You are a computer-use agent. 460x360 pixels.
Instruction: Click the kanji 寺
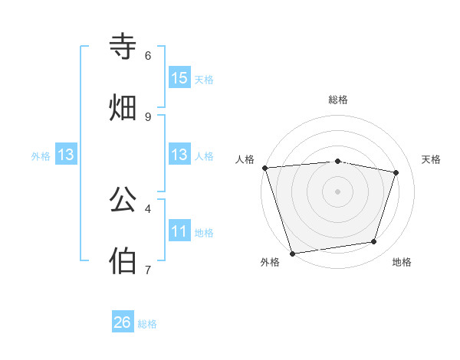pos(123,47)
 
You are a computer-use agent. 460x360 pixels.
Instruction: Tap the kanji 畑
pos(123,108)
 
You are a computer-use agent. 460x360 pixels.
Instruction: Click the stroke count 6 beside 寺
pos(148,55)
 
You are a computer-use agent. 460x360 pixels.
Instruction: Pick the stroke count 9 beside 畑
pos(148,116)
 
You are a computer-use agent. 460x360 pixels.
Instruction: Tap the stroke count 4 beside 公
pos(148,208)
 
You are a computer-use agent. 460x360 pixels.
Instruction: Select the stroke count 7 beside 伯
pos(148,270)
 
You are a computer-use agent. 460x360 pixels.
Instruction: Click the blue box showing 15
pos(179,77)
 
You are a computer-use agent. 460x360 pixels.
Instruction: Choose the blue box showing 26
pos(123,322)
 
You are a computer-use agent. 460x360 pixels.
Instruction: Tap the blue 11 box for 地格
pos(179,231)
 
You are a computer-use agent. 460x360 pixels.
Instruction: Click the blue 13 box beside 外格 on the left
pos(66,155)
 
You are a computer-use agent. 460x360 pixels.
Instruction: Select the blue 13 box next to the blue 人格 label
pos(179,155)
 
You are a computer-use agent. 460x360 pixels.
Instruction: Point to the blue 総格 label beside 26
pos(147,324)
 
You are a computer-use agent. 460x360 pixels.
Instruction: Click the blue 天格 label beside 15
pos(204,79)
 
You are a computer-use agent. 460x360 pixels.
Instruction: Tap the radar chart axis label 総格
pos(337,100)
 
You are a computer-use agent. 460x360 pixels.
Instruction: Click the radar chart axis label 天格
pos(432,159)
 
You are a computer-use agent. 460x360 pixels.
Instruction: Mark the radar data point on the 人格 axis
pos(264,168)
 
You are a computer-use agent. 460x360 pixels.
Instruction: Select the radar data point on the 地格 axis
pos(374,242)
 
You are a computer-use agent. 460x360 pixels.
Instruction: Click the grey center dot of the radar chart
pos(337,191)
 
